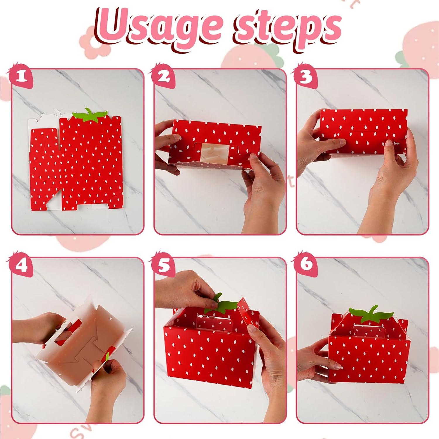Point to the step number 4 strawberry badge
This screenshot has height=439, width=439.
tap(20, 265)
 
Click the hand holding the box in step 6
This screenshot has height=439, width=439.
tap(315, 360)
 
